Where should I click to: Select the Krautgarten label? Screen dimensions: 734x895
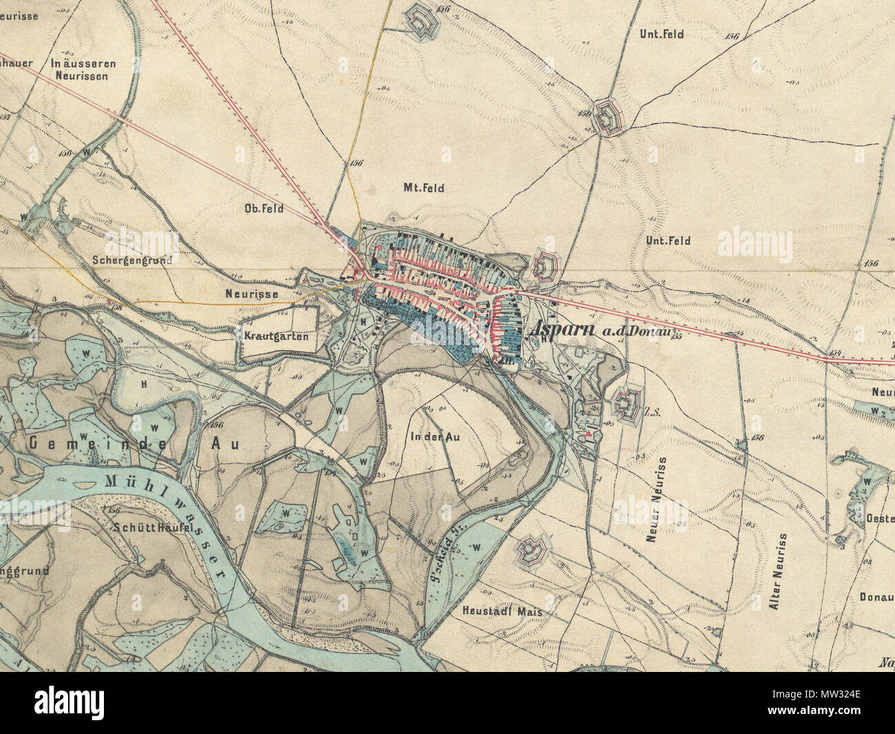pos(275,336)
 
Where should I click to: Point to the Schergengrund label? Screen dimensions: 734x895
pos(131,260)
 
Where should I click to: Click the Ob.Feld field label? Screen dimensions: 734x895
pos(264,207)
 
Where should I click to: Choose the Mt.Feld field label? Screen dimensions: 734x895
pos(423,187)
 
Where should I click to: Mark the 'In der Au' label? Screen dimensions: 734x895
pos(434,437)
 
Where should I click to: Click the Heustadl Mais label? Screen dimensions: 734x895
pos(502,611)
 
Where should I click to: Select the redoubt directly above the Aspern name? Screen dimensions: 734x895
pos(545,265)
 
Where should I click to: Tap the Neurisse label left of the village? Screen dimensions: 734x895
pos(251,294)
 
